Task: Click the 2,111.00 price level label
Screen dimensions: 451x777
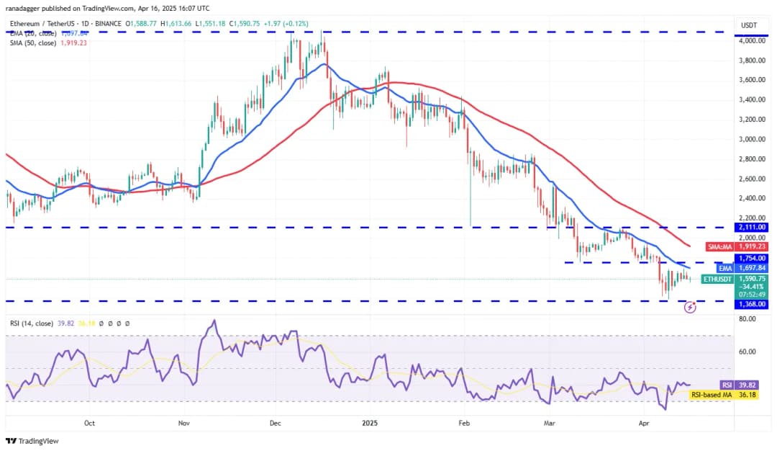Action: pyautogui.click(x=752, y=227)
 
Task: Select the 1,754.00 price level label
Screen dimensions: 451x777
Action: pyautogui.click(x=752, y=258)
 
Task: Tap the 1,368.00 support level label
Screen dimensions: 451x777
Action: pyautogui.click(x=752, y=304)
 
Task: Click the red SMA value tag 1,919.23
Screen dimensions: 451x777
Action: pyautogui.click(x=752, y=246)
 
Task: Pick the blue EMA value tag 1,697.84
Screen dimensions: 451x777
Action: pyautogui.click(x=752, y=268)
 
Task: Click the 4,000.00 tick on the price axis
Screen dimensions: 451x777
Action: pyautogui.click(x=751, y=41)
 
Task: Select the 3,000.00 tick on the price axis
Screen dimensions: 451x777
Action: pyautogui.click(x=751, y=139)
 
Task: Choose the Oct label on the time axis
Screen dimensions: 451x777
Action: pyautogui.click(x=89, y=424)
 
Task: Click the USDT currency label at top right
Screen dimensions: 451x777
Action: pyautogui.click(x=750, y=26)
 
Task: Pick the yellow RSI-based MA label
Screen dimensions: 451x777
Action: pyautogui.click(x=710, y=395)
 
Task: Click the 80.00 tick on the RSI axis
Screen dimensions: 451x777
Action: pyautogui.click(x=749, y=318)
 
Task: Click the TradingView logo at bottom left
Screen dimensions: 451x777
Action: pyautogui.click(x=32, y=441)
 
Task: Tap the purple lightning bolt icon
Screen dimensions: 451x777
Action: pyautogui.click(x=690, y=308)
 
